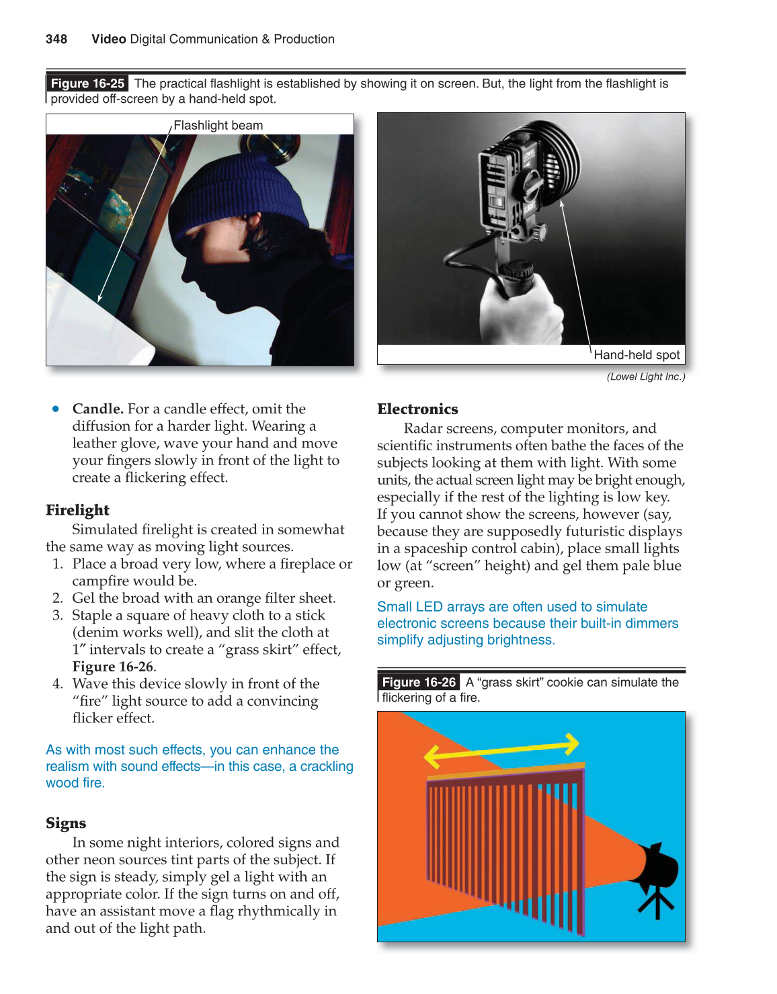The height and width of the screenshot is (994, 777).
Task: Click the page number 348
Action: tap(56, 39)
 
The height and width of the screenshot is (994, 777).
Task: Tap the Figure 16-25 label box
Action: tap(87, 83)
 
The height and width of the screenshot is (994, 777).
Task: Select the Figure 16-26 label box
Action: tap(419, 682)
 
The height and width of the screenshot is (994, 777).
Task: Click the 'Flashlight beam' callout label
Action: tap(218, 126)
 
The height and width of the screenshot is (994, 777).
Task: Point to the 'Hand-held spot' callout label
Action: tap(637, 355)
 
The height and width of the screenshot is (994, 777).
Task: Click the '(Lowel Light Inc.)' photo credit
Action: tap(645, 376)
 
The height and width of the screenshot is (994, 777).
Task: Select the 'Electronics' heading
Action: tap(417, 409)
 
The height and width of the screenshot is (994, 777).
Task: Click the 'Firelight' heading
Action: tap(77, 510)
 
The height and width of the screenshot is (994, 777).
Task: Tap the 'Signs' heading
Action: tap(66, 823)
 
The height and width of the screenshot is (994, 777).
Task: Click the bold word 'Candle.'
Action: tap(97, 409)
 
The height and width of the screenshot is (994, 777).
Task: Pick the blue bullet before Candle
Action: tap(56, 409)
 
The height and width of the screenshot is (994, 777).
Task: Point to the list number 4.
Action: tap(58, 684)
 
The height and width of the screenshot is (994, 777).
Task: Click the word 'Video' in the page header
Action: tap(109, 39)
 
